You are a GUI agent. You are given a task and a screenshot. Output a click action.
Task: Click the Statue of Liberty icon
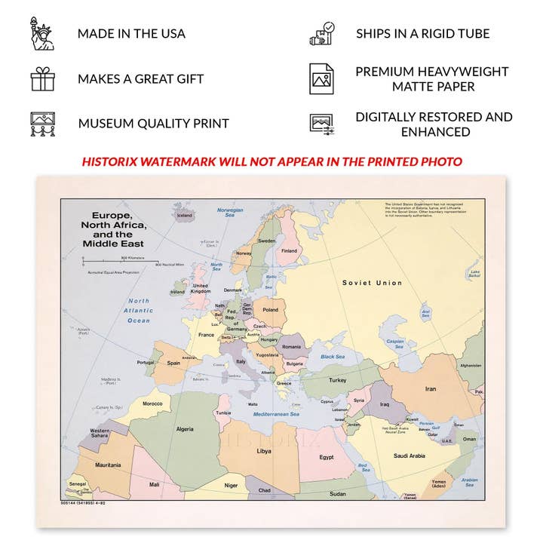[42, 34]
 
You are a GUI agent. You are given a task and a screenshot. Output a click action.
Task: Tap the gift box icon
[42, 78]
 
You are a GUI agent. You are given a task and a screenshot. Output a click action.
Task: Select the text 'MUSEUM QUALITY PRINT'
[153, 124]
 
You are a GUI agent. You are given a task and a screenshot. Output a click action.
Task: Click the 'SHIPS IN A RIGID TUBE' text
[422, 34]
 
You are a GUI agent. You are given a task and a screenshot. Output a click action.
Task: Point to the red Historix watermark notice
[271, 161]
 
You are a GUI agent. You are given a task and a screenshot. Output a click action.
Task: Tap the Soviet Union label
[372, 283]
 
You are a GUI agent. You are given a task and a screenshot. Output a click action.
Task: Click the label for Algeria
[185, 428]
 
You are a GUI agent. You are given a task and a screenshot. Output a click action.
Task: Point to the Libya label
[263, 451]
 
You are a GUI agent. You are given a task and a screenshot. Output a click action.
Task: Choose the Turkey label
[337, 380]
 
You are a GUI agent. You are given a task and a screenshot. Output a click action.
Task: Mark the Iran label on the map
[431, 389]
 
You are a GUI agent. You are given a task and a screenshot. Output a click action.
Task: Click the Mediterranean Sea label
[276, 414]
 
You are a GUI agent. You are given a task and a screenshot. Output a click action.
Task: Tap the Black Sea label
[333, 357]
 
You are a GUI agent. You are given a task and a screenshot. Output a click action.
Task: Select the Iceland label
[185, 215]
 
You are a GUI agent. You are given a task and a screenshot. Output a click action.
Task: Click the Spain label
[174, 363]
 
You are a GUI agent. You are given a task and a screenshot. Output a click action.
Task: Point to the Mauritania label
[109, 465]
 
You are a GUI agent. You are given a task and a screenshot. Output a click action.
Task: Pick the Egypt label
[326, 457]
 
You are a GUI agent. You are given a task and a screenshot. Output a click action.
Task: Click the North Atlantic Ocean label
[138, 310]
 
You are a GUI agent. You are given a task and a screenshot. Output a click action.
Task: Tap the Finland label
[289, 251]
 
